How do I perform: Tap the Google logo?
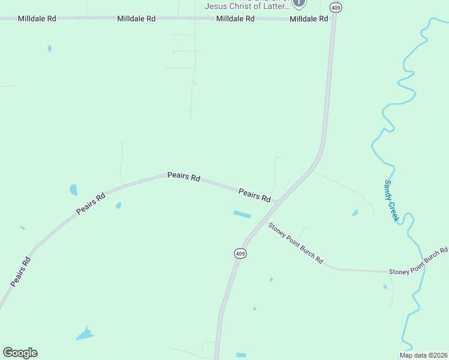(20, 353)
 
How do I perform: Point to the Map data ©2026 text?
(424, 355)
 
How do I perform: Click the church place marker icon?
(299, 3)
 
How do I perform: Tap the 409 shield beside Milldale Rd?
(336, 7)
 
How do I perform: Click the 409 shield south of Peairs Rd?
(240, 254)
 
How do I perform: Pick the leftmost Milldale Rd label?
(37, 19)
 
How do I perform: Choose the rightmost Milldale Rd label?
(309, 19)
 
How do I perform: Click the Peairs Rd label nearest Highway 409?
(255, 195)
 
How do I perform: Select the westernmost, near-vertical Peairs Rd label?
(20, 271)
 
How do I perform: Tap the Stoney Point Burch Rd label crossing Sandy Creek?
(418, 262)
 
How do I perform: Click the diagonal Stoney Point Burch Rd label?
(295, 244)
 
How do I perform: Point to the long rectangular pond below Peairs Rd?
(243, 214)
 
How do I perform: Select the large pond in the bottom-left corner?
(84, 334)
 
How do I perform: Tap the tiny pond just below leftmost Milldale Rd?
(49, 48)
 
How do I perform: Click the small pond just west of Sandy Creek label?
(355, 213)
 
